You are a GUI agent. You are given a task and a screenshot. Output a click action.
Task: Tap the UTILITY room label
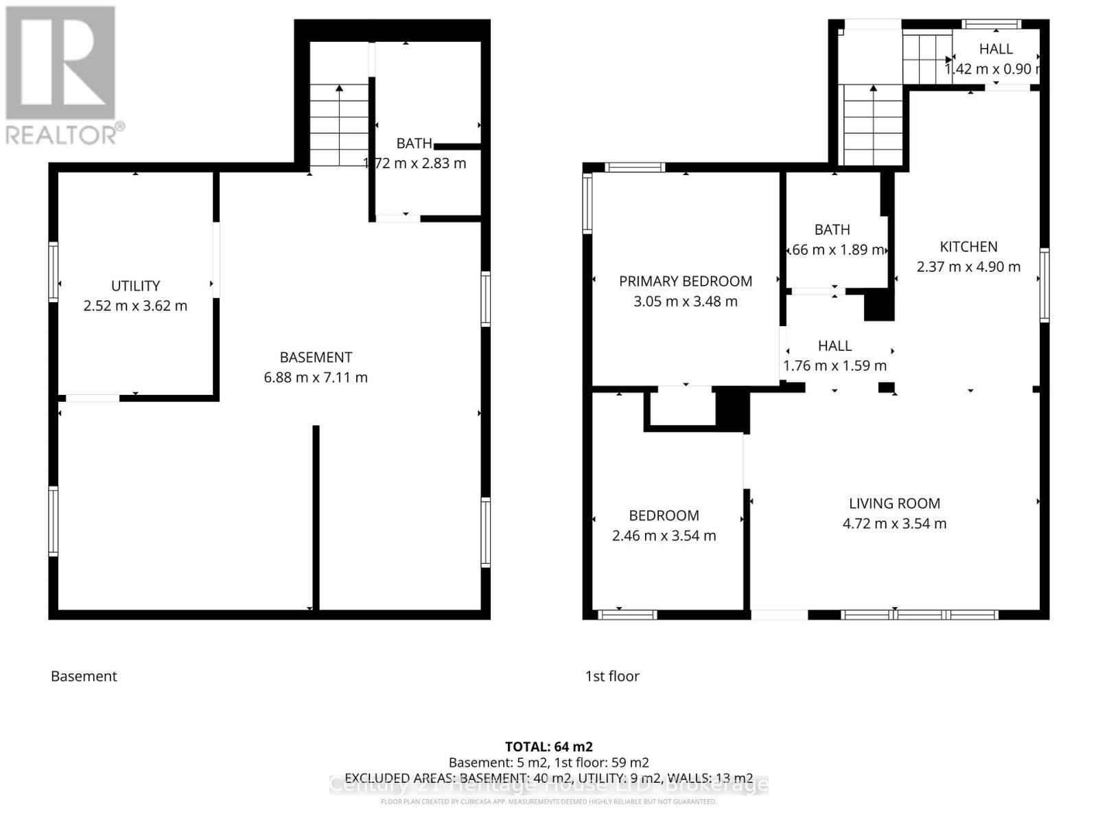(x=135, y=286)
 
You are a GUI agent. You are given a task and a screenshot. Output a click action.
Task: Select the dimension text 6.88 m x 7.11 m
(x=316, y=377)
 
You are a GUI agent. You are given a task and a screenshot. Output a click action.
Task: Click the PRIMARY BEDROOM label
(x=685, y=281)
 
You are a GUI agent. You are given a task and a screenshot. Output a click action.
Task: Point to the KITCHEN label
(x=968, y=247)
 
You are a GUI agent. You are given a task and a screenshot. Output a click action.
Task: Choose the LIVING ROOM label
(x=894, y=503)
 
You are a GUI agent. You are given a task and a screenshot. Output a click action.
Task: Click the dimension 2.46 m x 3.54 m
(x=664, y=536)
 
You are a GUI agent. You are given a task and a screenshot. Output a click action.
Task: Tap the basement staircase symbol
(x=339, y=125)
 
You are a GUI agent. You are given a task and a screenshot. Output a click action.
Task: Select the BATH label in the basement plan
(x=414, y=144)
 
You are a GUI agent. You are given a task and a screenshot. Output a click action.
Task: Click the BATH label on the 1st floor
(x=832, y=229)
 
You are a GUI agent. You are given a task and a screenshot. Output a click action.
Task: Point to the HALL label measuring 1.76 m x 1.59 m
(x=834, y=346)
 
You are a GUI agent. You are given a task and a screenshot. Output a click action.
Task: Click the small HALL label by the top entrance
(x=995, y=49)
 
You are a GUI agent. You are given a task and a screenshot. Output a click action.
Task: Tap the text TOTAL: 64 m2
(x=548, y=746)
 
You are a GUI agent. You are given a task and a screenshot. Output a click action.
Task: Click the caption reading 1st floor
(x=612, y=676)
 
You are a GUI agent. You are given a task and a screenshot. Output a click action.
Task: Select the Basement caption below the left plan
(x=84, y=676)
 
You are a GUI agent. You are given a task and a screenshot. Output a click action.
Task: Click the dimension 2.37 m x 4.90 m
(x=968, y=266)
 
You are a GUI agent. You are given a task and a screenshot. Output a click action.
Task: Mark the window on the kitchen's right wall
(x=1044, y=286)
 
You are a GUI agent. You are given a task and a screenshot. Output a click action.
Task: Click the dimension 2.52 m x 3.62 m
(x=135, y=306)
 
